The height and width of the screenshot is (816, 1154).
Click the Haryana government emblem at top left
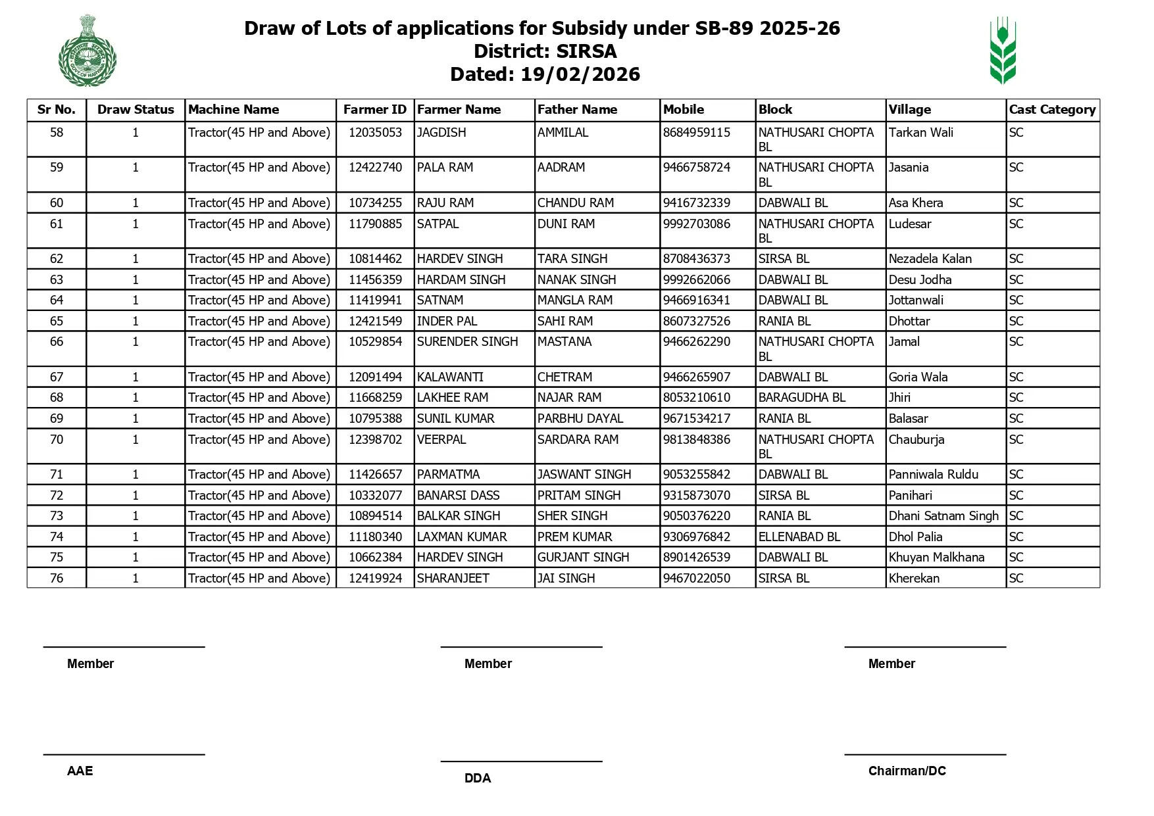(88, 51)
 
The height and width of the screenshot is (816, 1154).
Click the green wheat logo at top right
(1003, 51)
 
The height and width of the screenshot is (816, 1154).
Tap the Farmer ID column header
(375, 110)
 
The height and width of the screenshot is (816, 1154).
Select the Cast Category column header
(1052, 110)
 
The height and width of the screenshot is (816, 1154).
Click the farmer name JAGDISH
(441, 133)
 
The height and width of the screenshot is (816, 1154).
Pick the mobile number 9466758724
(696, 168)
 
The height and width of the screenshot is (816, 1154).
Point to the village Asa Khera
(915, 203)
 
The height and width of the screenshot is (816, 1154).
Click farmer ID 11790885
(375, 224)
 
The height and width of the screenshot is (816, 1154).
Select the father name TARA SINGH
(572, 259)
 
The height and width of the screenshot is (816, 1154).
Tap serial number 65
(57, 322)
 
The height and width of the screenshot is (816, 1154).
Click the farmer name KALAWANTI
(450, 377)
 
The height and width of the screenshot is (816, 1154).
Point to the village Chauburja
(916, 440)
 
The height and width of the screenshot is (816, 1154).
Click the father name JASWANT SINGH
(584, 475)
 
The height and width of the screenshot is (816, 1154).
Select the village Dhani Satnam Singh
(943, 516)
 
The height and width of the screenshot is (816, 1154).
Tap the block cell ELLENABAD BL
(799, 537)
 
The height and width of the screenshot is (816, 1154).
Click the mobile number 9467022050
(696, 579)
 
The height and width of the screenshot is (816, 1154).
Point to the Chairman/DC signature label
(907, 771)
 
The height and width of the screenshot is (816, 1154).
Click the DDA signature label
(478, 779)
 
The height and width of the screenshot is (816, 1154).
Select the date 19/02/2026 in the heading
(580, 74)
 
